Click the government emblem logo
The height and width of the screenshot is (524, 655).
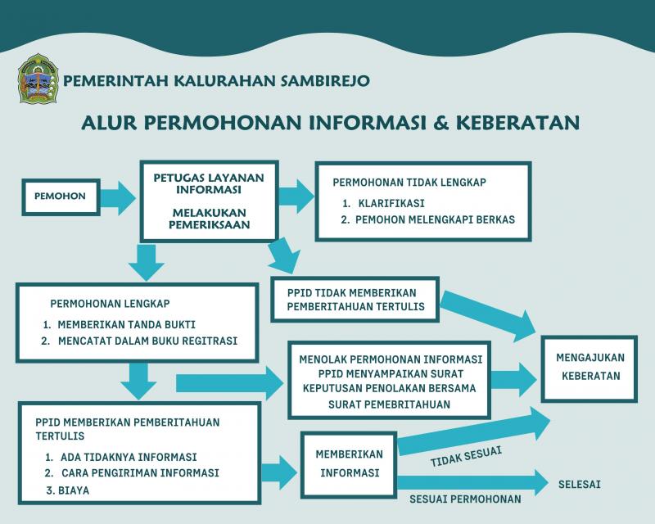click(x=38, y=79)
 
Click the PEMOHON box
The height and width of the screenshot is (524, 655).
click(x=61, y=197)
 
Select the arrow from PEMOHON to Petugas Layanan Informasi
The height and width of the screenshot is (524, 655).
click(x=118, y=197)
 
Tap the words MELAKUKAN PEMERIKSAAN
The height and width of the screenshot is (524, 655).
click(x=210, y=219)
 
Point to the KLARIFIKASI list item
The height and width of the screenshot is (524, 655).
click(x=383, y=204)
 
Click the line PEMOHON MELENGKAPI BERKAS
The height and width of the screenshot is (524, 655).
click(x=427, y=219)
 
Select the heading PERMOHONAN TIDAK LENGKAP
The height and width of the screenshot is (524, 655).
click(x=409, y=183)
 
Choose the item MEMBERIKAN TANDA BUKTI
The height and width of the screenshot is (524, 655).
click(x=120, y=325)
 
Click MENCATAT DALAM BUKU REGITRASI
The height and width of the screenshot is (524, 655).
click(x=139, y=341)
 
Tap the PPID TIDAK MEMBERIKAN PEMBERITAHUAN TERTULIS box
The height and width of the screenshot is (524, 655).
click(x=355, y=299)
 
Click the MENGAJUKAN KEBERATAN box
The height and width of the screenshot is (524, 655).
click(x=589, y=368)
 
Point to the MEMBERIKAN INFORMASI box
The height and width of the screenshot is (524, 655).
click(x=350, y=465)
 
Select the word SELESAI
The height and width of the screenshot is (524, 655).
click(x=580, y=485)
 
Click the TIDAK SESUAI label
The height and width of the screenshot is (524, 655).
click(x=466, y=456)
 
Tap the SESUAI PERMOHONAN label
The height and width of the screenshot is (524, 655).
click(x=465, y=499)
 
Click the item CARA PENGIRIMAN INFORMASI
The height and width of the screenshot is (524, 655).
click(x=132, y=473)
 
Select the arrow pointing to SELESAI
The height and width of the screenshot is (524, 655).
click(x=473, y=482)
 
